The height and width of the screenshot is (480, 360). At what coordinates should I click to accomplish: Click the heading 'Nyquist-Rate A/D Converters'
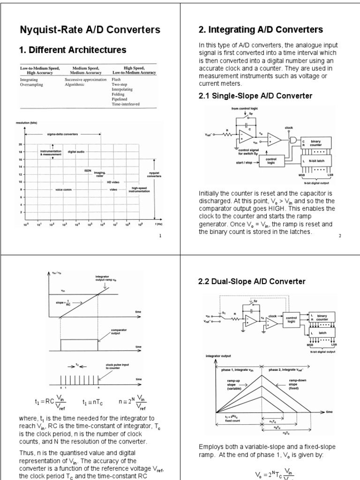click(90, 30)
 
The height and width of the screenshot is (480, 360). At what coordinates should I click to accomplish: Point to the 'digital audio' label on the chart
click(76, 152)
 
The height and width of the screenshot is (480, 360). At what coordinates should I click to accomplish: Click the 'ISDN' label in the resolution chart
click(88, 171)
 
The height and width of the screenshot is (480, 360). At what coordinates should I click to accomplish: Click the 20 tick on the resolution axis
click(20, 145)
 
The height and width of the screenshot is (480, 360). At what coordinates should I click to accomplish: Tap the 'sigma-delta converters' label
click(63, 134)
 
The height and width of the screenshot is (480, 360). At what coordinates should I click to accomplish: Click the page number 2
click(340, 236)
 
